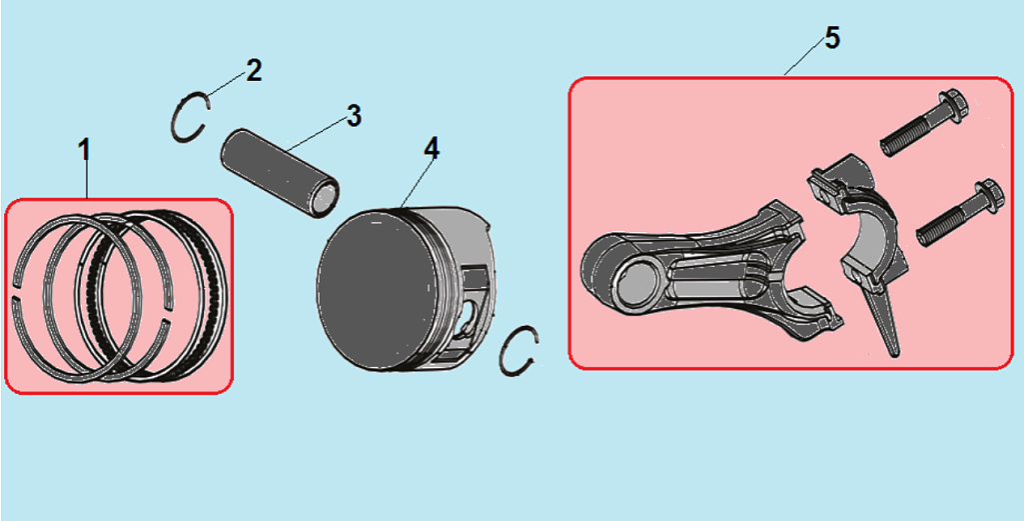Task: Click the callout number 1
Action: [84, 150]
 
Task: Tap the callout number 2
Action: [254, 71]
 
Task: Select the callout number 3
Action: [354, 115]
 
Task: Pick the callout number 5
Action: [832, 38]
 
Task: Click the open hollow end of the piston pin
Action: [325, 197]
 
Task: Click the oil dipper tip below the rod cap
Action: [895, 352]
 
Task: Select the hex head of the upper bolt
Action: [955, 105]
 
